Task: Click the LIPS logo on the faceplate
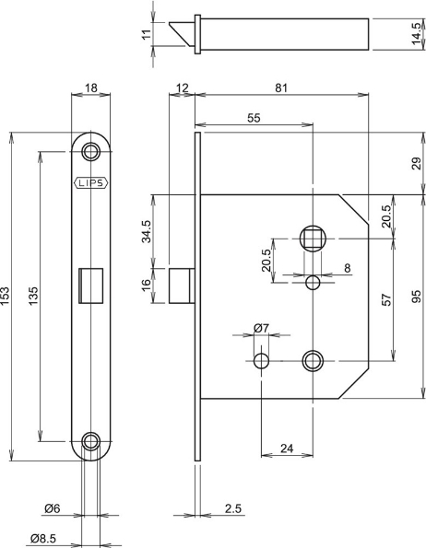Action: point(90,182)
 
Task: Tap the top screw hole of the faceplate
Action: point(90,150)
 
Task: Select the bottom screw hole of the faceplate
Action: point(90,441)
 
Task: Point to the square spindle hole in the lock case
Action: point(313,239)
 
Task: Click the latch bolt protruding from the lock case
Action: point(182,284)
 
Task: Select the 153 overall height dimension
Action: point(7,297)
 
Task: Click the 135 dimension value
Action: point(34,297)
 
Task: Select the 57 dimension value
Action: point(386,297)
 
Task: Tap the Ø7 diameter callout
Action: point(261,329)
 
